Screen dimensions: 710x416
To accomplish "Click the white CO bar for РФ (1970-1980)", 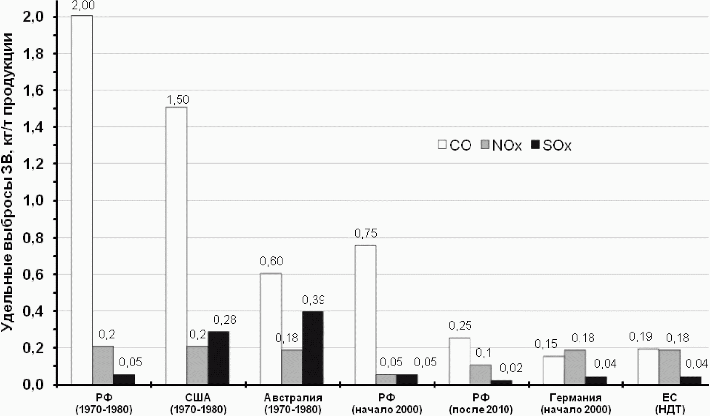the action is pos(82,200).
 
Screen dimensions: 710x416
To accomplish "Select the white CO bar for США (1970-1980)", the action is pos(176,246).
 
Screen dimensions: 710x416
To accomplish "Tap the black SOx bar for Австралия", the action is pos(313,348).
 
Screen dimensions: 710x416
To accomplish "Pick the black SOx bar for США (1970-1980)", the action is pos(219,358).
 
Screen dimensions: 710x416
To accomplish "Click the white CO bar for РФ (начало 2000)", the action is pos(366,315).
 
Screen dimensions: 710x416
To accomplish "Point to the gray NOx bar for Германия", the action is pos(575,367).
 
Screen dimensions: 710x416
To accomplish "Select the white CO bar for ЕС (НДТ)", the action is pos(649,367).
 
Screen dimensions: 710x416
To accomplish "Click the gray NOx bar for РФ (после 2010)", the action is pos(481,375).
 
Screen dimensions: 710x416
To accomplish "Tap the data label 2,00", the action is pos(83,6).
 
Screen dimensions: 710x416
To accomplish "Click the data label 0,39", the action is pos(314,300).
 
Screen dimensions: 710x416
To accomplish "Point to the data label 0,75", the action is pos(366,233).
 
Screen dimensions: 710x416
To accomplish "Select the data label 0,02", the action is pos(511,368).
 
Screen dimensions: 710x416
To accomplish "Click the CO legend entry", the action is pos(454,145).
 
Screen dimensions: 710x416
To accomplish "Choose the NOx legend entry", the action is pos(501,145).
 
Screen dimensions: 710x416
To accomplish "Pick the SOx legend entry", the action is pos(551,145).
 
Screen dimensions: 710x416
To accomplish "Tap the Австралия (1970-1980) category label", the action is pos(293,403).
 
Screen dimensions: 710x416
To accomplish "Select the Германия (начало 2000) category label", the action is pos(576,403).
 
